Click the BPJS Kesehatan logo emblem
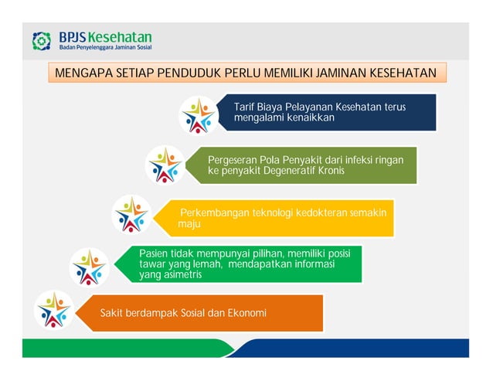42,41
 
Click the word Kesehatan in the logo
120,37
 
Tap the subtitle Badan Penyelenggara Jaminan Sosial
104,48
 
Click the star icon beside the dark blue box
198,115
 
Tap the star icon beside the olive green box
165,165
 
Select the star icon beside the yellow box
131,214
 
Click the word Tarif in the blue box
245,107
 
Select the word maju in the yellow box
189,224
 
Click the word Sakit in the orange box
112,313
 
